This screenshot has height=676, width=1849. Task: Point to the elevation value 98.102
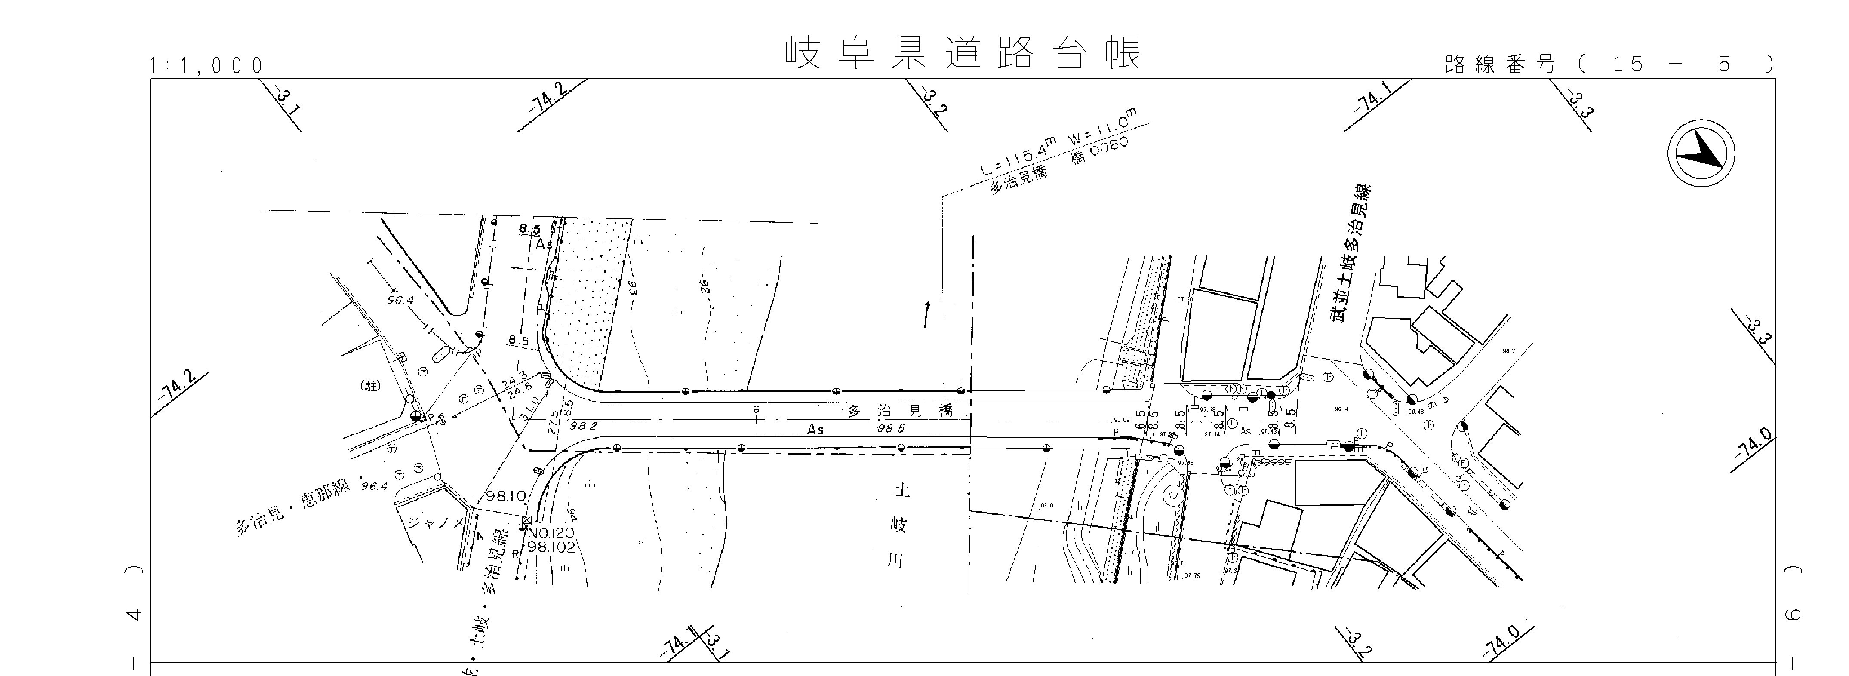click(551, 547)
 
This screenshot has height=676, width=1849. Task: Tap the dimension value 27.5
click(553, 420)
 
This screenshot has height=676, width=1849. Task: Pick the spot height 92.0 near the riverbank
click(1046, 505)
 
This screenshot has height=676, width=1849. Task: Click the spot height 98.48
click(1415, 412)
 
